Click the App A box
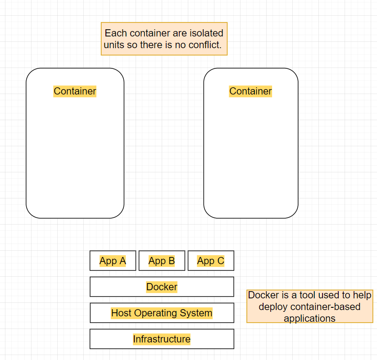click(x=113, y=261)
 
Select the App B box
click(x=162, y=261)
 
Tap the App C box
click(x=211, y=261)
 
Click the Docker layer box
click(x=162, y=287)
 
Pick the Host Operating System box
click(x=162, y=313)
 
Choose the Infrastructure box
click(x=162, y=339)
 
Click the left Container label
click(x=75, y=91)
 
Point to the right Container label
click(x=250, y=91)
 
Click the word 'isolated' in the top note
click(x=205, y=33)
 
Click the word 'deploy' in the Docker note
click(x=273, y=307)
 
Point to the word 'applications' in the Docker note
click(x=309, y=319)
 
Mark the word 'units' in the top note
click(x=114, y=45)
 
